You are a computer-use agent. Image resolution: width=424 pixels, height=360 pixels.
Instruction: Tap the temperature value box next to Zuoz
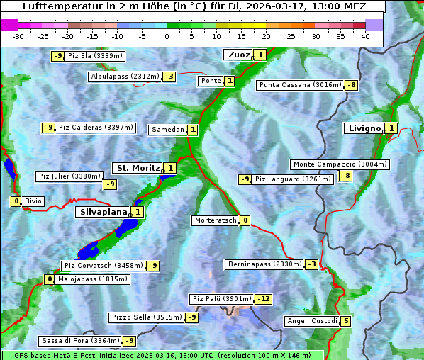[260, 55]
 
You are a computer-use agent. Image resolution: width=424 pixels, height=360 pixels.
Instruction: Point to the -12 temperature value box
[263, 299]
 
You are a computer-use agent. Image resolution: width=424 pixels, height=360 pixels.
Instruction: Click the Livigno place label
[364, 128]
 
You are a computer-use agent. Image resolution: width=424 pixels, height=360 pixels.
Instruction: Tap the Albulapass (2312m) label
[125, 77]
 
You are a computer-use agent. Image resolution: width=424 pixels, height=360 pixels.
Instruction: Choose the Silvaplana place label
[104, 212]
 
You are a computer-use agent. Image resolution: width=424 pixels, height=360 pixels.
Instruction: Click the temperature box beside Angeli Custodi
[345, 321]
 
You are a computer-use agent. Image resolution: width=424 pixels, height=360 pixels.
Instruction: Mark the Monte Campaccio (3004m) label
[340, 164]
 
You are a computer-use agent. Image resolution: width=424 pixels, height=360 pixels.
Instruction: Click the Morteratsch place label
[216, 220]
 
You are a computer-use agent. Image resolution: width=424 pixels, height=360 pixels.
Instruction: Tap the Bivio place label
[33, 201]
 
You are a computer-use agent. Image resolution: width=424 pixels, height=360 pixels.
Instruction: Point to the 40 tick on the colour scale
[365, 36]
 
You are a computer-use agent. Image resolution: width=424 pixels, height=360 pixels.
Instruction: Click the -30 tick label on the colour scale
[19, 36]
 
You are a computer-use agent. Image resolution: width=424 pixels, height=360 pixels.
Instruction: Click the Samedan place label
[167, 130]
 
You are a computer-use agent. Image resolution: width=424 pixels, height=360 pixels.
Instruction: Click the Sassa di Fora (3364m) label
[80, 341]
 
